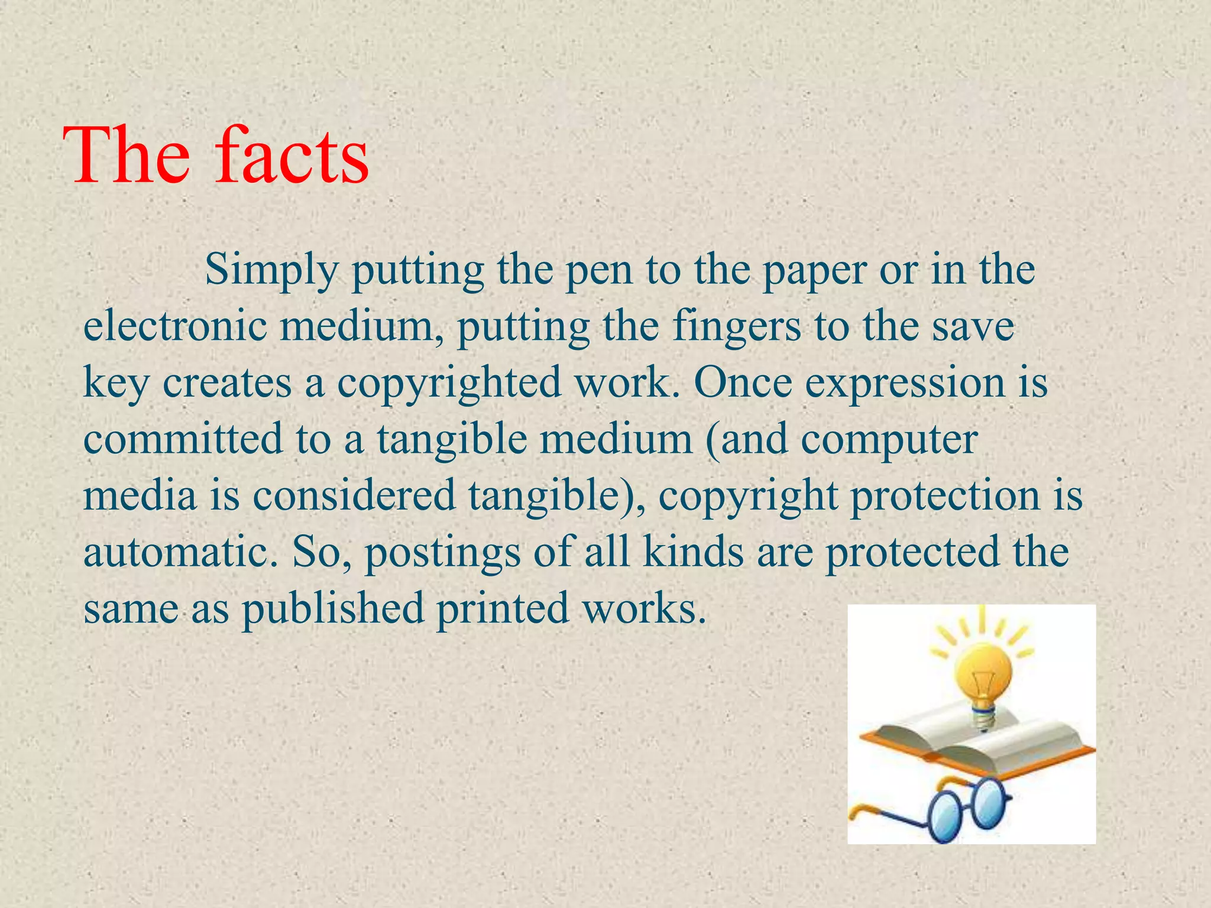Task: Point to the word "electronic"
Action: [175, 326]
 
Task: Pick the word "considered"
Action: [354, 495]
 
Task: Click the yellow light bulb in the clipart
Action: [983, 673]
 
